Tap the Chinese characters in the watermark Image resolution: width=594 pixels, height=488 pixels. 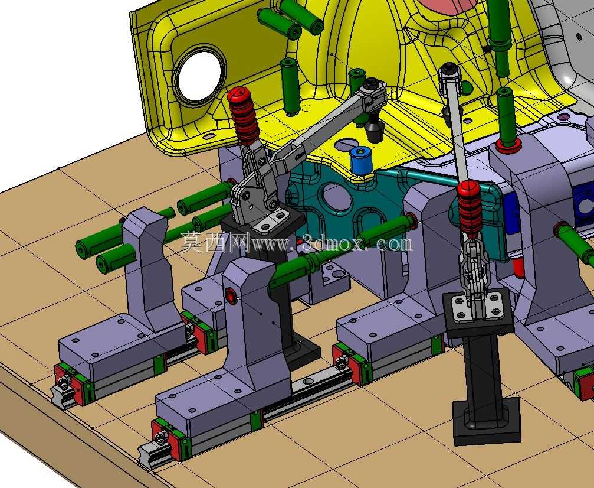pos(215,242)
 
